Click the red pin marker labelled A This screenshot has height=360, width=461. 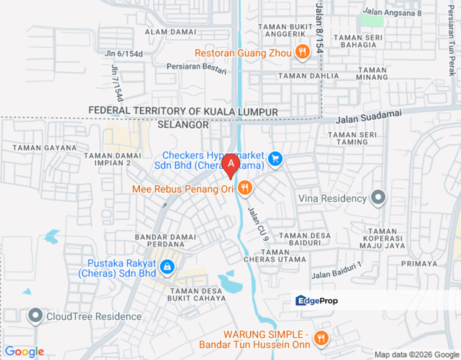pos(230,164)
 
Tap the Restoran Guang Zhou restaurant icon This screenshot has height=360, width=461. pos(301,51)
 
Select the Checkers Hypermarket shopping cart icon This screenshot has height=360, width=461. pos(274,159)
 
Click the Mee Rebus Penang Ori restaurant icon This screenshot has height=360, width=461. pos(244,188)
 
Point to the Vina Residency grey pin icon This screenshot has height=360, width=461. pos(378,198)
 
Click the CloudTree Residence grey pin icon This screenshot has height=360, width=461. pos(35,316)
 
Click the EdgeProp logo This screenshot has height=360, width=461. pos(316,300)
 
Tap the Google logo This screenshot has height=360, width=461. pos(24,352)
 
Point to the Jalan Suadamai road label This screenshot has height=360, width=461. pos(368,117)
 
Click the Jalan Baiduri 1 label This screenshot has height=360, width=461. pos(336,270)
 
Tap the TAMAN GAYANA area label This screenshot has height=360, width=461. pos(44,147)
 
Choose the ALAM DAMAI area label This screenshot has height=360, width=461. pos(170,32)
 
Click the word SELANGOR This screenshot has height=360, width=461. pos(183,124)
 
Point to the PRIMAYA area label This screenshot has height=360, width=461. pos(422,263)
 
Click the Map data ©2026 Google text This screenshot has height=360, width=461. pos(416,355)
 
